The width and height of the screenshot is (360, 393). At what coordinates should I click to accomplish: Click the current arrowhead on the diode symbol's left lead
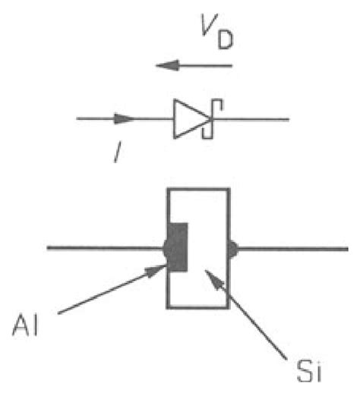(x=125, y=119)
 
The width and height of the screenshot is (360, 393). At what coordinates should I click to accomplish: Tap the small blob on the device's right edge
(x=232, y=248)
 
